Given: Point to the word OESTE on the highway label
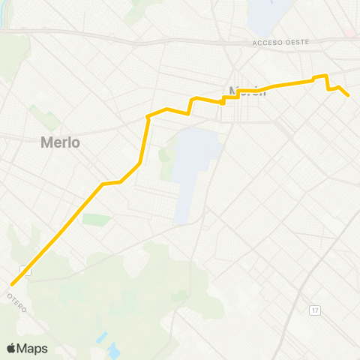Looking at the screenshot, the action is tap(295, 43).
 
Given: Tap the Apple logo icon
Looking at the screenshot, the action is tap(11, 348).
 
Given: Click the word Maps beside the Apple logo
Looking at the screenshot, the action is tap(33, 348).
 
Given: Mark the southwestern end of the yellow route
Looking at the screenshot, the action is tap(12, 284).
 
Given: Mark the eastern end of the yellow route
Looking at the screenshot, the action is tap(349, 96).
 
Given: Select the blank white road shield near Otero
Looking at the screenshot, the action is tap(26, 271).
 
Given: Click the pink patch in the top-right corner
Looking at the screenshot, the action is tap(351, 34).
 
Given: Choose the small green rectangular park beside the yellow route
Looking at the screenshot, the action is tap(96, 219).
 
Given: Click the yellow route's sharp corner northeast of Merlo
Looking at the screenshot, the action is tap(147, 117).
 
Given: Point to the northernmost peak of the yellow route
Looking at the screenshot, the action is tap(325, 75).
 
